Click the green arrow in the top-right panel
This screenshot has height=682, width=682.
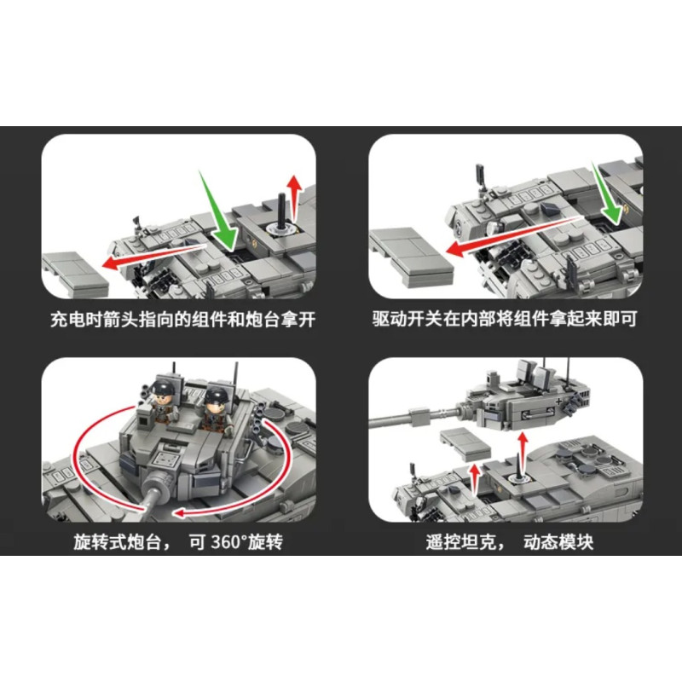[607, 194]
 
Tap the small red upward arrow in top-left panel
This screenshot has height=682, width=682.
[295, 198]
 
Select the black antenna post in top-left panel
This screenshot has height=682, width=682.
[282, 211]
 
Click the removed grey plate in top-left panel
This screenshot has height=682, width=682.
[75, 274]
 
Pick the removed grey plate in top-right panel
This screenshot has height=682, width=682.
[411, 257]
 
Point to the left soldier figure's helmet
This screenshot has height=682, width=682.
[163, 387]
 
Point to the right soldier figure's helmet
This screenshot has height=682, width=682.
[216, 395]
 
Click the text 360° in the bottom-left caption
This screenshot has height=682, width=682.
[229, 542]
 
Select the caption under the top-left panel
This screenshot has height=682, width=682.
[182, 320]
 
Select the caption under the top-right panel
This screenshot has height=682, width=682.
[505, 319]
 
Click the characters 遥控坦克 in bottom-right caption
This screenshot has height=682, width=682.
[461, 542]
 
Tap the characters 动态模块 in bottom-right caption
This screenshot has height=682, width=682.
[558, 542]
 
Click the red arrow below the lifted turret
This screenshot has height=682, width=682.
[523, 453]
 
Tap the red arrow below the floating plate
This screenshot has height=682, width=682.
[475, 478]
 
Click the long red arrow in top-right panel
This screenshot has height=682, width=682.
[513, 235]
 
